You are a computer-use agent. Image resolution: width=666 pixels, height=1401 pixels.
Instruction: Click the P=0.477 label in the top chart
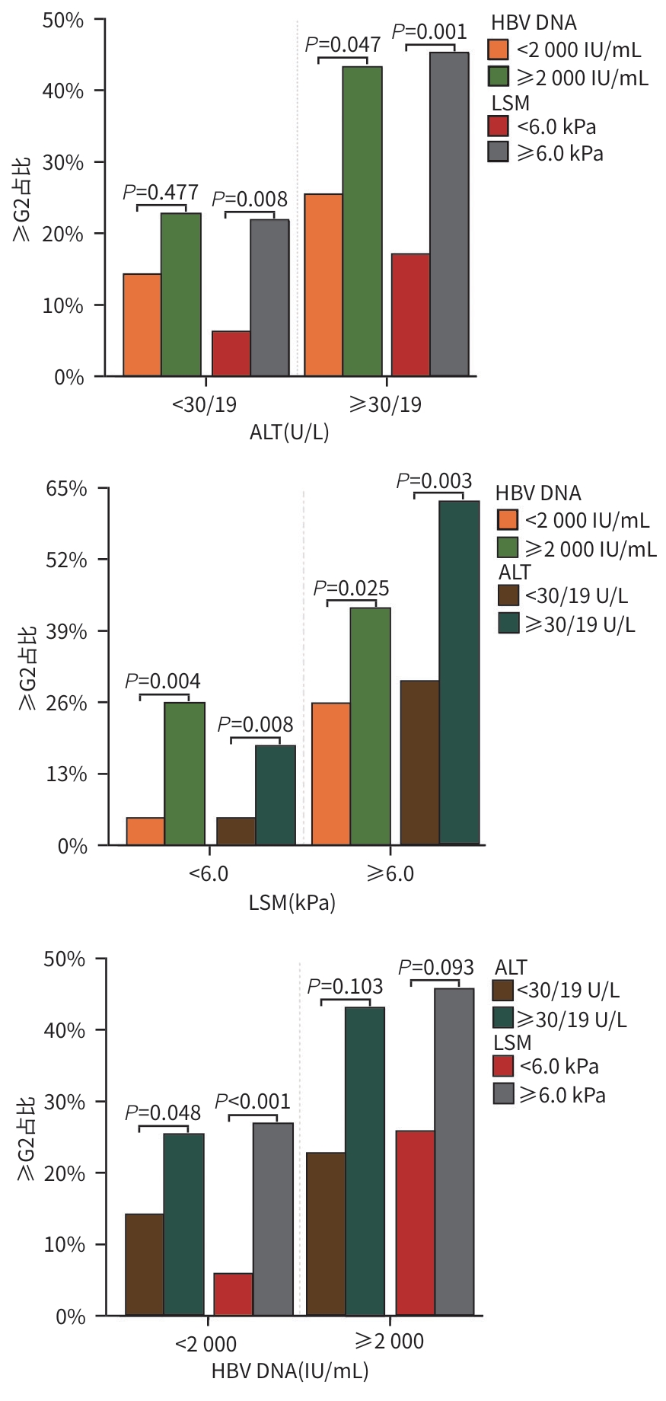click(x=161, y=192)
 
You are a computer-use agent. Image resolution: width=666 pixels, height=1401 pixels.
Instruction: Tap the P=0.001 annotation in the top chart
click(x=429, y=32)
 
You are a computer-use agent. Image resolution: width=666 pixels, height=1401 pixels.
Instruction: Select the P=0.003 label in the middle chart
click(x=434, y=481)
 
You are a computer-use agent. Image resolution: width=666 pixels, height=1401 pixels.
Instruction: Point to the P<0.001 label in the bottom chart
click(x=253, y=1102)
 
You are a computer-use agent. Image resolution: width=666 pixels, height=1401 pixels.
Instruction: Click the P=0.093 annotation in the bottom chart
click(x=436, y=968)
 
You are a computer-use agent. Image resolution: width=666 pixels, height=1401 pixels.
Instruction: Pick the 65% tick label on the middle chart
click(x=67, y=489)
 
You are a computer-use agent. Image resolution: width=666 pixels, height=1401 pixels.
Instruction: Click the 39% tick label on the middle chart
click(x=67, y=632)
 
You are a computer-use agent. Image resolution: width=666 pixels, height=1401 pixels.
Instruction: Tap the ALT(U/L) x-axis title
click(x=289, y=432)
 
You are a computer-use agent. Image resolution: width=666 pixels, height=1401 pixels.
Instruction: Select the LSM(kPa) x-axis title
click(x=292, y=902)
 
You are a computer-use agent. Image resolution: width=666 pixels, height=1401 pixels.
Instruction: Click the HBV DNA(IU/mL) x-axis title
click(x=290, y=1371)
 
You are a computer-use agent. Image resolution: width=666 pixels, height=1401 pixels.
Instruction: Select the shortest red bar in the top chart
click(x=231, y=353)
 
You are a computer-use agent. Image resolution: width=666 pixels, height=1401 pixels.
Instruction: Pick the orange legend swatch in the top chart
click(x=499, y=49)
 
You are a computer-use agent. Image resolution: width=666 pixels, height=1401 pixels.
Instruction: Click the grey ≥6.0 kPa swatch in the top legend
click(x=499, y=152)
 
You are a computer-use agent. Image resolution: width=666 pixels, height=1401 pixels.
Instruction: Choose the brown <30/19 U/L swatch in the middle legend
click(x=508, y=595)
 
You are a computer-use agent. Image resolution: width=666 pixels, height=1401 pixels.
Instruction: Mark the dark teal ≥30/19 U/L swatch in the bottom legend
click(x=503, y=1018)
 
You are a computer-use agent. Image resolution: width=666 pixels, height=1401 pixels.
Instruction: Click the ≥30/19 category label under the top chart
click(x=385, y=404)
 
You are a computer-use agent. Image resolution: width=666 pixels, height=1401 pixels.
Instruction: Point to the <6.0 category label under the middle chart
click(x=208, y=873)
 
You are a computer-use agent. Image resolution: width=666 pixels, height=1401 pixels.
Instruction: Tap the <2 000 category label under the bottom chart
click(x=206, y=1344)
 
